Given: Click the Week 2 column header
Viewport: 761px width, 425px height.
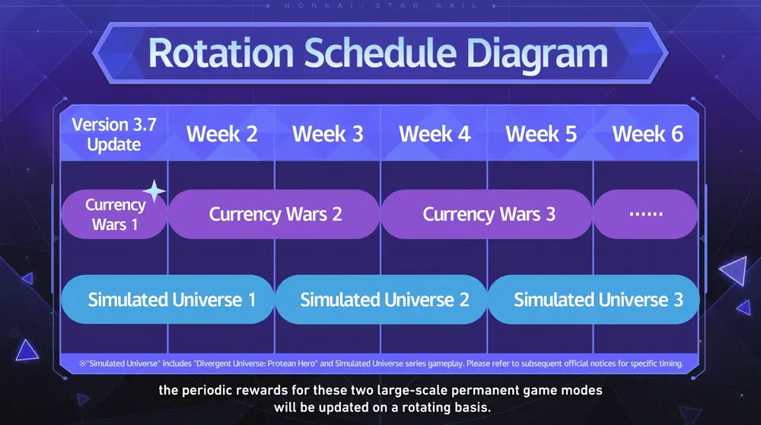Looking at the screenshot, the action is (221, 134).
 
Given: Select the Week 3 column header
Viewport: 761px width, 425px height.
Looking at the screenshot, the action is (327, 134).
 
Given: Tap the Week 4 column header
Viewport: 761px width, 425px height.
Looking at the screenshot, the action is (435, 134).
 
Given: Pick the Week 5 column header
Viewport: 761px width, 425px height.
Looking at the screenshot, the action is (541, 134).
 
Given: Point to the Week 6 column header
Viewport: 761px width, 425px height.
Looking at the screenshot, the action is (648, 134).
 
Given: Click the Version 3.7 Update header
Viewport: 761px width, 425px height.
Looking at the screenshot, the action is (114, 135).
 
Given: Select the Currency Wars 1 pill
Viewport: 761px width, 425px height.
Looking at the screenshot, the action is (114, 214).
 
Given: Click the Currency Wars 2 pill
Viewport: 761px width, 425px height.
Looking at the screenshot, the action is (274, 214).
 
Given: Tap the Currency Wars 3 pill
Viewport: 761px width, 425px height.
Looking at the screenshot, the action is (487, 214).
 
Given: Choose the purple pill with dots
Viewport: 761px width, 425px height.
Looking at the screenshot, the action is (646, 214).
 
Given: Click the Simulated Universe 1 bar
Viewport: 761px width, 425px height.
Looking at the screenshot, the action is (167, 299).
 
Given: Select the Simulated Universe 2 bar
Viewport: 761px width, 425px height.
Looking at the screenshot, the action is (381, 299).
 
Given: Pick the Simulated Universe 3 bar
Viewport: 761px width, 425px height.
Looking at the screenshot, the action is (594, 299).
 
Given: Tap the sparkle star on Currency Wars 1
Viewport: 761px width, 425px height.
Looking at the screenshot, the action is (154, 191).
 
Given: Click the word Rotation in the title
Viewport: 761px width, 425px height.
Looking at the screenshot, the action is (221, 53).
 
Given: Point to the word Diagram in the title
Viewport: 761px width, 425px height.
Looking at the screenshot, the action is (537, 54).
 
